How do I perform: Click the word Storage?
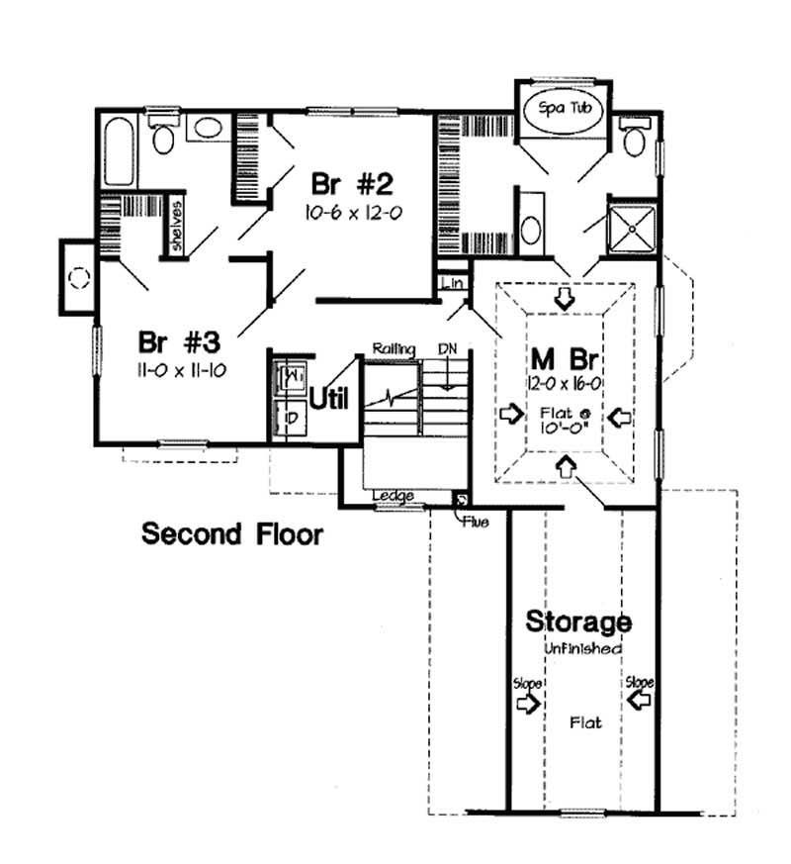[577, 623]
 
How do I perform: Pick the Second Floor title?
[232, 534]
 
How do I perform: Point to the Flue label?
[474, 522]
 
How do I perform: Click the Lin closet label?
[454, 283]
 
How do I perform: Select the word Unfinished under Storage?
[582, 648]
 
